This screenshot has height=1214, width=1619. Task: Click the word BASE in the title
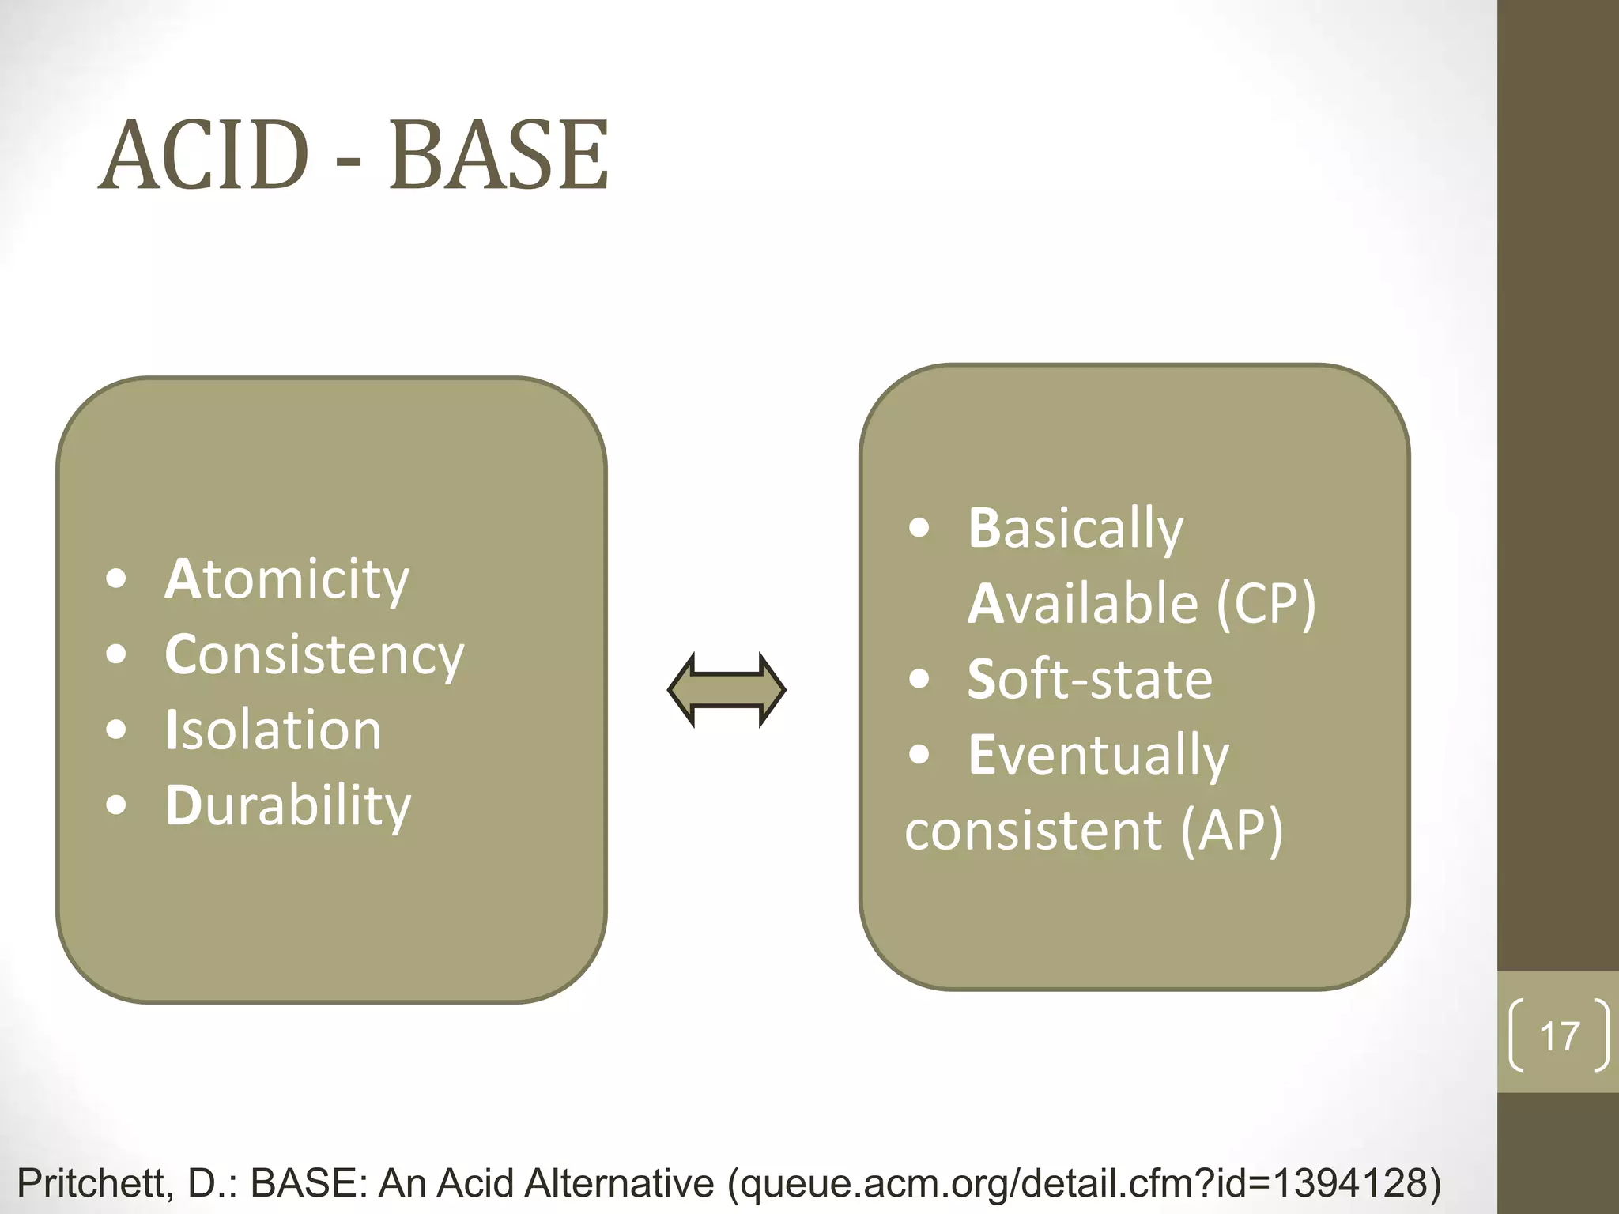tap(499, 155)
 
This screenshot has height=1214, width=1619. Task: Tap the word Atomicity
tap(287, 579)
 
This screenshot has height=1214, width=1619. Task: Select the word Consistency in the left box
tap(315, 655)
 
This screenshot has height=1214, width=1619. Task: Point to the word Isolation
tap(274, 730)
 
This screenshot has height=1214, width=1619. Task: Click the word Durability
tap(288, 805)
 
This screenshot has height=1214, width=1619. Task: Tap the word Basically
tap(1075, 528)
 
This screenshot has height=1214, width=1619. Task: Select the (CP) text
tap(1266, 604)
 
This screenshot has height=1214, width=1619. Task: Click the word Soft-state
tap(1089, 679)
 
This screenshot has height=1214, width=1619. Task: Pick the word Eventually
tap(1098, 755)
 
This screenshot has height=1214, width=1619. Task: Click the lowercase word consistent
tap(1033, 831)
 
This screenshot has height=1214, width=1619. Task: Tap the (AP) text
tap(1232, 831)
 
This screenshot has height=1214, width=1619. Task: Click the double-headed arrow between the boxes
tap(726, 690)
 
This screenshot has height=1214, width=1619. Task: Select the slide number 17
tap(1559, 1036)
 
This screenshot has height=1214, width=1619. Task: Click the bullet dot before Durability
tap(116, 805)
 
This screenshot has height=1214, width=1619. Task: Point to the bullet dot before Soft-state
tap(919, 679)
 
